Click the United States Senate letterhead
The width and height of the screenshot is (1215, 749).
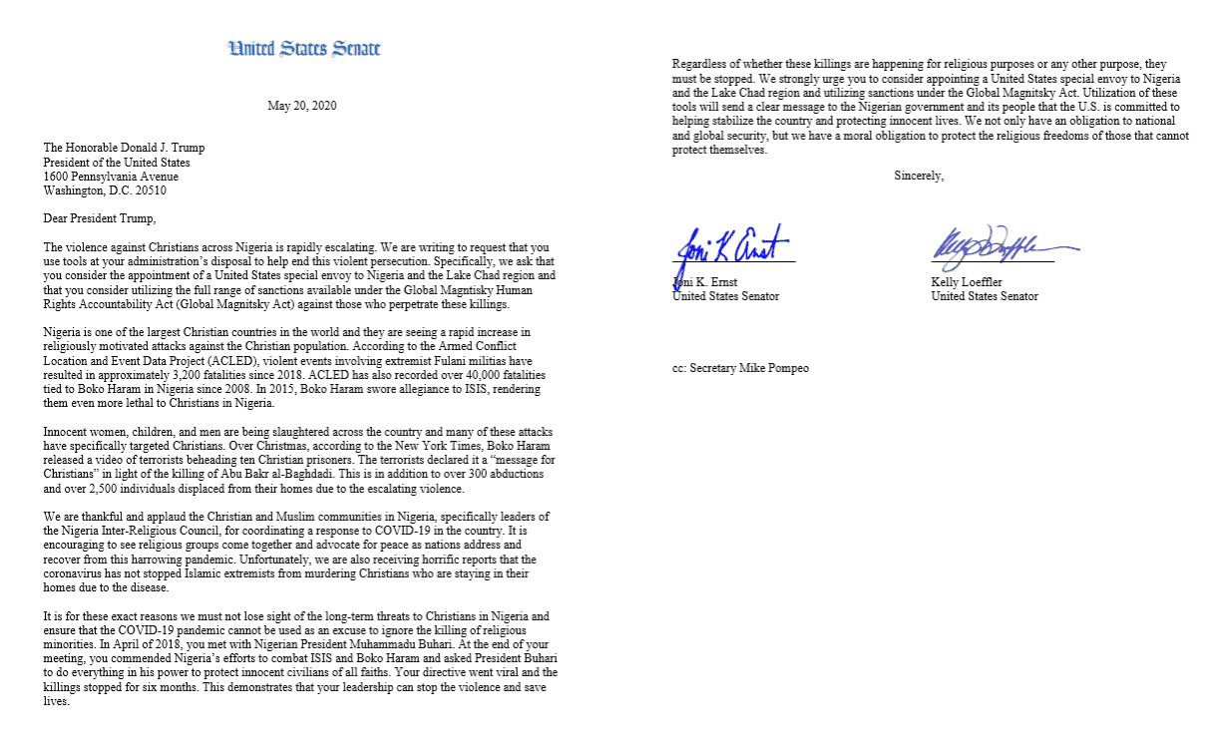click(x=304, y=48)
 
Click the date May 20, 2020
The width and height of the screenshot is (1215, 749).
click(x=302, y=107)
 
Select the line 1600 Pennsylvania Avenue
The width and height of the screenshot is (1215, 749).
click(x=104, y=177)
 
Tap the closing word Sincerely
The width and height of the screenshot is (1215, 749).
click(x=919, y=177)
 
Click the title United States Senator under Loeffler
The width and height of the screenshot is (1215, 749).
click(x=985, y=296)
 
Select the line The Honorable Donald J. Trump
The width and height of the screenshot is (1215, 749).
click(x=124, y=149)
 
